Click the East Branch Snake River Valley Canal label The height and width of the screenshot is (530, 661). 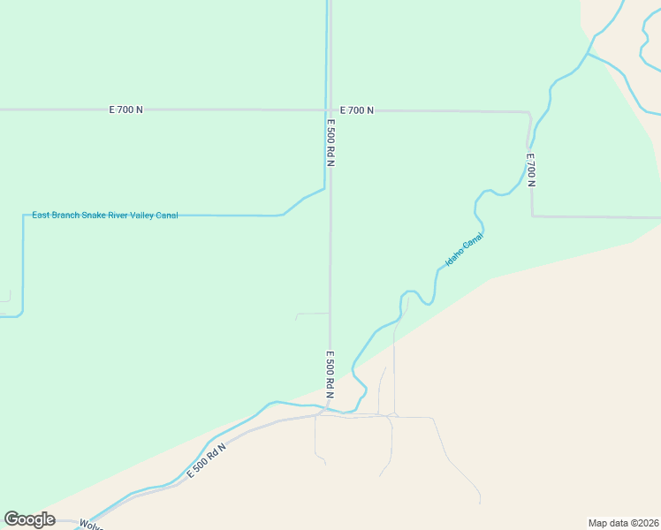tap(105, 215)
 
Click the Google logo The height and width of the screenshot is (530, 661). tap(29, 519)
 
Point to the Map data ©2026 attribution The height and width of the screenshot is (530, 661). tap(623, 522)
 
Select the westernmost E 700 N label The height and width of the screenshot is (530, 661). tap(125, 110)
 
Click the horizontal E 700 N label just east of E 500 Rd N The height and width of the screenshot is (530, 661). tap(356, 110)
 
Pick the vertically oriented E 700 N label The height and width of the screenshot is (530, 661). tap(531, 170)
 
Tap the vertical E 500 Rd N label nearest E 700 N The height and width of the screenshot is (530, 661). tap(330, 143)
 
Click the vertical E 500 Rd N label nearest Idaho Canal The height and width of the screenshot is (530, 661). tap(330, 375)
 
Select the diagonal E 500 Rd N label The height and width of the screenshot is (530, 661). tap(207, 461)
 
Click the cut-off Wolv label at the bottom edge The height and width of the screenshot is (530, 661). tap(91, 525)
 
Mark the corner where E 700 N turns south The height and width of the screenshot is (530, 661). tap(528, 113)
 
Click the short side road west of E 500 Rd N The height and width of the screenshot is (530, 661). tap(312, 314)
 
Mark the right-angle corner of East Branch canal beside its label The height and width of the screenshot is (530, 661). tap(23, 215)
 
